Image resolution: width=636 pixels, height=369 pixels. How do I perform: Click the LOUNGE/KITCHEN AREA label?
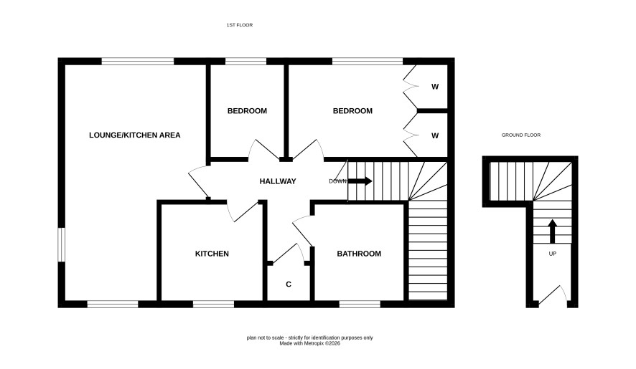(x=135, y=135)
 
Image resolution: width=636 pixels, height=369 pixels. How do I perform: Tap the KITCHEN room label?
(x=212, y=254)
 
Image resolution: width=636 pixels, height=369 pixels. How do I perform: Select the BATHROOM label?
(x=359, y=254)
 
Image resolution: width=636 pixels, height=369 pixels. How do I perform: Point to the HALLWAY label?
(x=278, y=181)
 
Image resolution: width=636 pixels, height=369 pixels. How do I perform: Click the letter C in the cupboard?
(x=289, y=284)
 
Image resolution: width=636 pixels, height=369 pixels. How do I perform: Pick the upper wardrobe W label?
(x=435, y=87)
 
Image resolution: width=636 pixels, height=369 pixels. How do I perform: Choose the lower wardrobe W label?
(x=435, y=135)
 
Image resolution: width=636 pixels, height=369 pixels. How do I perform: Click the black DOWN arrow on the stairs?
(x=360, y=181)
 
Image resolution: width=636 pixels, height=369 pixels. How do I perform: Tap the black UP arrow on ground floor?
(x=552, y=231)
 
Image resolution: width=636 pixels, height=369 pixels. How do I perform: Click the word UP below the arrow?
(x=553, y=254)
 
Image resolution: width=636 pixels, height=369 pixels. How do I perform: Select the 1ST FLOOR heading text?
(x=240, y=25)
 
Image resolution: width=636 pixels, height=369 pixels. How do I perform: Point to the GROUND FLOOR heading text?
(x=521, y=135)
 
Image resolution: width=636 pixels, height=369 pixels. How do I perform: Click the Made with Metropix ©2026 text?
(x=310, y=343)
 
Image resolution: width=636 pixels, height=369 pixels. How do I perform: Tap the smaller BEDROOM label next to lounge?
(x=247, y=111)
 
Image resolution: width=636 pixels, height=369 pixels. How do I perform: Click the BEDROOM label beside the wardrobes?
(x=352, y=111)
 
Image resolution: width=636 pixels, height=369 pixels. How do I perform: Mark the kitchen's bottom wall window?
(x=213, y=305)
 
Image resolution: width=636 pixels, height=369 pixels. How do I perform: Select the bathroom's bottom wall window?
(x=360, y=305)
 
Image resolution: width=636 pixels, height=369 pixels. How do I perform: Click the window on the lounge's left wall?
(x=61, y=244)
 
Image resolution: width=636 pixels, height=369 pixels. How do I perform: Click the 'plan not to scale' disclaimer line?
(x=310, y=337)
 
